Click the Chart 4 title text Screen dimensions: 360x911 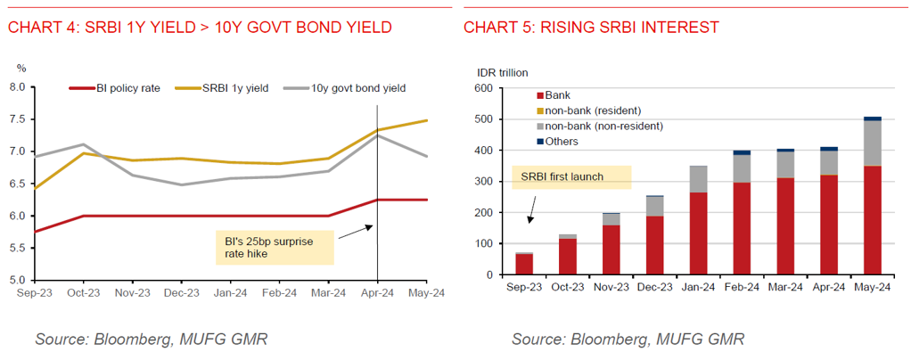coord(199,28)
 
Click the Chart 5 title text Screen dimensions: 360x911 coord(591,28)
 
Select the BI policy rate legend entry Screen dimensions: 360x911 coord(116,88)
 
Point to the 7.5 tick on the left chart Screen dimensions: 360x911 coord(18,119)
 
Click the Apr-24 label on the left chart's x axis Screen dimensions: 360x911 coord(378,290)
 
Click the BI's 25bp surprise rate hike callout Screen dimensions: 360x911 coord(275,247)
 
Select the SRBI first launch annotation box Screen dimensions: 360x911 coord(570,176)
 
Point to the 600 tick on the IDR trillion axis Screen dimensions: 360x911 coord(484,88)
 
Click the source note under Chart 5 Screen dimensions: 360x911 coord(628,339)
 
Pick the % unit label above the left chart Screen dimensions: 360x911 coord(22,68)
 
